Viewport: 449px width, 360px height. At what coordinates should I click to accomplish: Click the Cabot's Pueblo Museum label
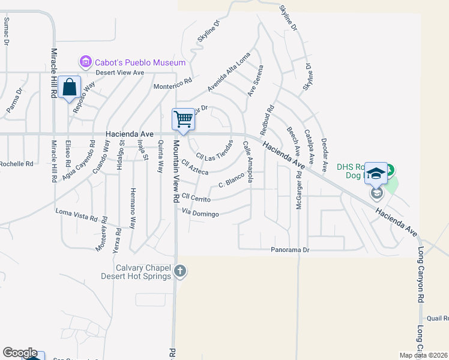click(x=140, y=62)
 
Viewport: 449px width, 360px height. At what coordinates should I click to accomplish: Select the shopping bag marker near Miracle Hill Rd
click(x=70, y=87)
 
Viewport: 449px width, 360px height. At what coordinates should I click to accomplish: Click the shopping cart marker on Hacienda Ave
click(x=183, y=119)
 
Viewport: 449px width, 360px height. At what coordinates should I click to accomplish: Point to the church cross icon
click(x=180, y=272)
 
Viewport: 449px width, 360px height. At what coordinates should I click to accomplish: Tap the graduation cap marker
click(x=376, y=173)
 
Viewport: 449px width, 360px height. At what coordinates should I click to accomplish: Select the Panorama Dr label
click(x=289, y=249)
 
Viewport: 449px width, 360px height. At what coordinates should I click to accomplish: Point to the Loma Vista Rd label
click(x=76, y=212)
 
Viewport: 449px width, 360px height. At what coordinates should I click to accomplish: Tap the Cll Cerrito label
click(x=196, y=197)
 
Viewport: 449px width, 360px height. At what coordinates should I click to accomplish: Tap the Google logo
click(x=20, y=353)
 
